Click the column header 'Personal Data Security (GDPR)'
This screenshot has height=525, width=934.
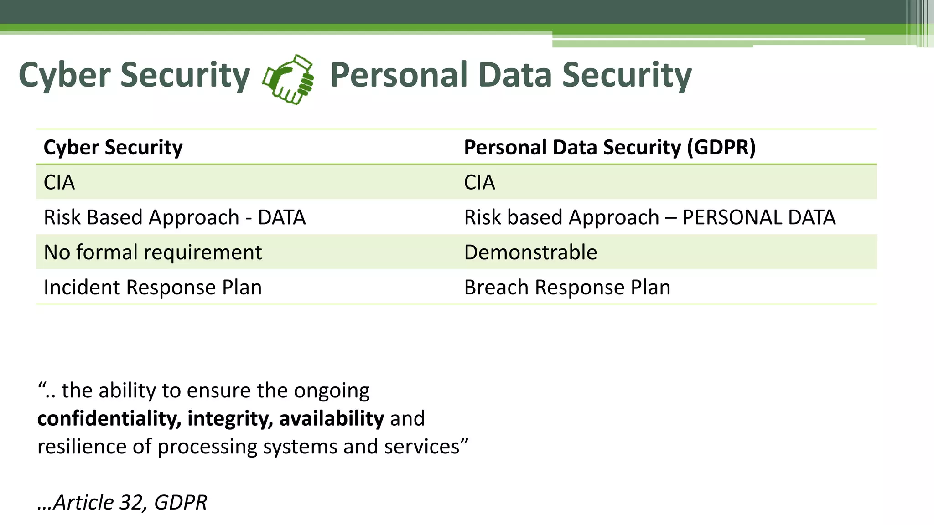609,147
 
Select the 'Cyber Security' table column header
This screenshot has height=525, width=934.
113,147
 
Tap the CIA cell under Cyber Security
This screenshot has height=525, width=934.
59,182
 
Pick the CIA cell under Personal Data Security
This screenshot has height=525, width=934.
479,182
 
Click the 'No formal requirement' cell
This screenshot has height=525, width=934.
153,252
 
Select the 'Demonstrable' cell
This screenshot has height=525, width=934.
530,252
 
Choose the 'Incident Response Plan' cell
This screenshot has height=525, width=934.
153,287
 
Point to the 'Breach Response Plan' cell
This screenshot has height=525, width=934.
567,287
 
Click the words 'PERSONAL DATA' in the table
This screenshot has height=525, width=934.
758,217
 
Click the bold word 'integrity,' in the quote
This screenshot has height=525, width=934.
230,418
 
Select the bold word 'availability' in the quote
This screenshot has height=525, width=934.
332,418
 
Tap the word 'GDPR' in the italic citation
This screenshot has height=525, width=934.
181,502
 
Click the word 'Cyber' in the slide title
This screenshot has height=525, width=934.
64,75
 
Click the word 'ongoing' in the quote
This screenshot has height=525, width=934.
332,391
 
